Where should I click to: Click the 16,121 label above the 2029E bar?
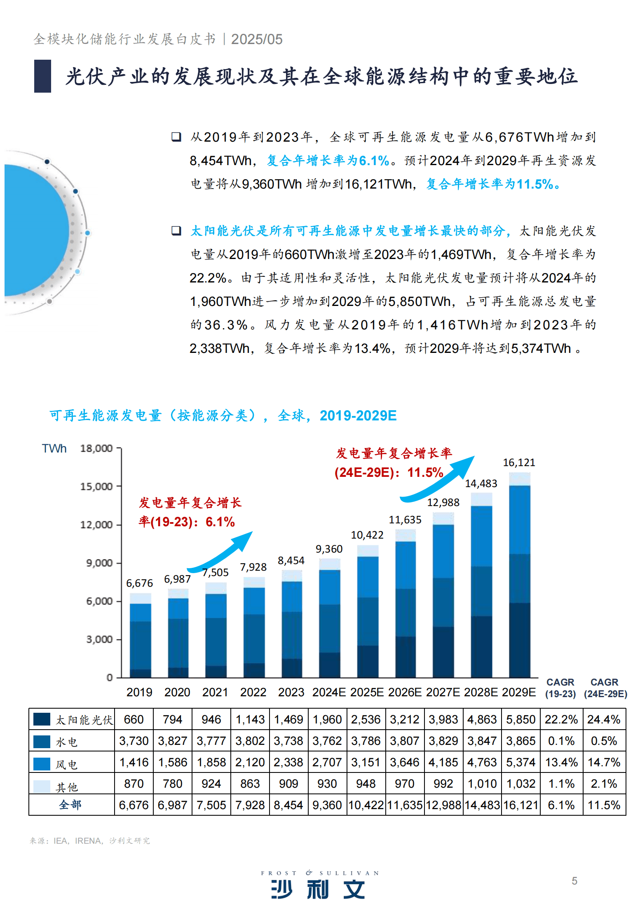(x=519, y=462)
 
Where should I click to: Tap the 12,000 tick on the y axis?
(x=96, y=525)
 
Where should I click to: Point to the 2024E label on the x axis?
(x=329, y=692)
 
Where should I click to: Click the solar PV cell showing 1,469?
(x=288, y=719)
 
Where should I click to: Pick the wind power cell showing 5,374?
(x=520, y=762)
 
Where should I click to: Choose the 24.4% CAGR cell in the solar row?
(x=604, y=719)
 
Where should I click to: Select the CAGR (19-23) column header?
(x=560, y=688)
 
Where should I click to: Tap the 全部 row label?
(x=70, y=805)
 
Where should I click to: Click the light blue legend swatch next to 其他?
(x=42, y=786)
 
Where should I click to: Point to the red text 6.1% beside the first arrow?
(x=220, y=522)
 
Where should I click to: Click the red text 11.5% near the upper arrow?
(x=425, y=472)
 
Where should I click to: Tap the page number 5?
(x=574, y=881)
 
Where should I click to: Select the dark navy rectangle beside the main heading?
(x=42, y=76)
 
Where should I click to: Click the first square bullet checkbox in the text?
(x=176, y=137)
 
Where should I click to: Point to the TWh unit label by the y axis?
(x=54, y=448)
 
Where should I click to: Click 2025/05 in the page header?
(x=257, y=39)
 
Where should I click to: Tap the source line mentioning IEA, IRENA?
(x=90, y=840)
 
